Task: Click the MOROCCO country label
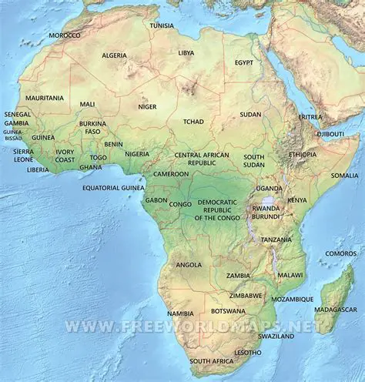(64, 35)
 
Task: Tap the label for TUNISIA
(162, 25)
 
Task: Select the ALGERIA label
(114, 55)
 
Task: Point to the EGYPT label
(244, 62)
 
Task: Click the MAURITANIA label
(45, 99)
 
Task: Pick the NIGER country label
(147, 107)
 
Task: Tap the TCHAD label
(193, 122)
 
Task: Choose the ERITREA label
(310, 117)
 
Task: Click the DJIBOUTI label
(330, 134)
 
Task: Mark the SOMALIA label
(344, 176)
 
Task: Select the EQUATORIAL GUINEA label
(113, 187)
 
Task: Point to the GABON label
(156, 200)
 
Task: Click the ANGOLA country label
(189, 264)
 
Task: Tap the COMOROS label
(340, 253)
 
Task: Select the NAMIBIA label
(180, 313)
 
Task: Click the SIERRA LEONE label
(23, 156)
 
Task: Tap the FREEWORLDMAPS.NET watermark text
(192, 326)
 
